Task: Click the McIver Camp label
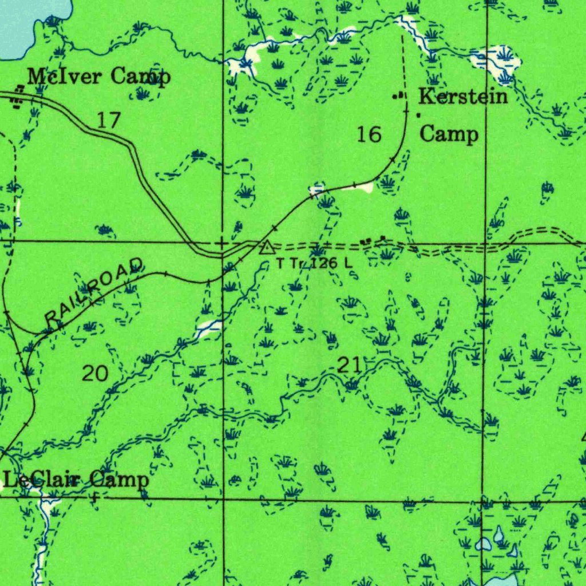pyautogui.click(x=98, y=76)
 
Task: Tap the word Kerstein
pyautogui.click(x=463, y=96)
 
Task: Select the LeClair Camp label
pyautogui.click(x=76, y=480)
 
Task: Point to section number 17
pyautogui.click(x=109, y=120)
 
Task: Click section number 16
pyautogui.click(x=369, y=134)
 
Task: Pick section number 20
pyautogui.click(x=95, y=374)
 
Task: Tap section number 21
pyautogui.click(x=349, y=365)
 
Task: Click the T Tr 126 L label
pyautogui.click(x=314, y=264)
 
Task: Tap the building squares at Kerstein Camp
pyautogui.click(x=398, y=96)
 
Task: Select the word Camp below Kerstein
pyautogui.click(x=449, y=134)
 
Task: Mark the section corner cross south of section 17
pyautogui.click(x=222, y=243)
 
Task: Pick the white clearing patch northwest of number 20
pyautogui.click(x=208, y=328)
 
